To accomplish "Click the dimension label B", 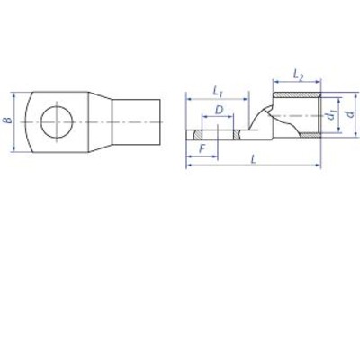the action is [x=9, y=121].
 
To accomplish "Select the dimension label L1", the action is [x=218, y=91].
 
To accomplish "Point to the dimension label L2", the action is [x=298, y=74].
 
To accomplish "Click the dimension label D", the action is [x=220, y=110].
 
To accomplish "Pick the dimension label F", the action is [x=202, y=148].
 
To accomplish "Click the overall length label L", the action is [x=254, y=159].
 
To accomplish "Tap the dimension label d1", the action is [x=331, y=115].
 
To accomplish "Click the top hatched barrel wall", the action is [x=297, y=95].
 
